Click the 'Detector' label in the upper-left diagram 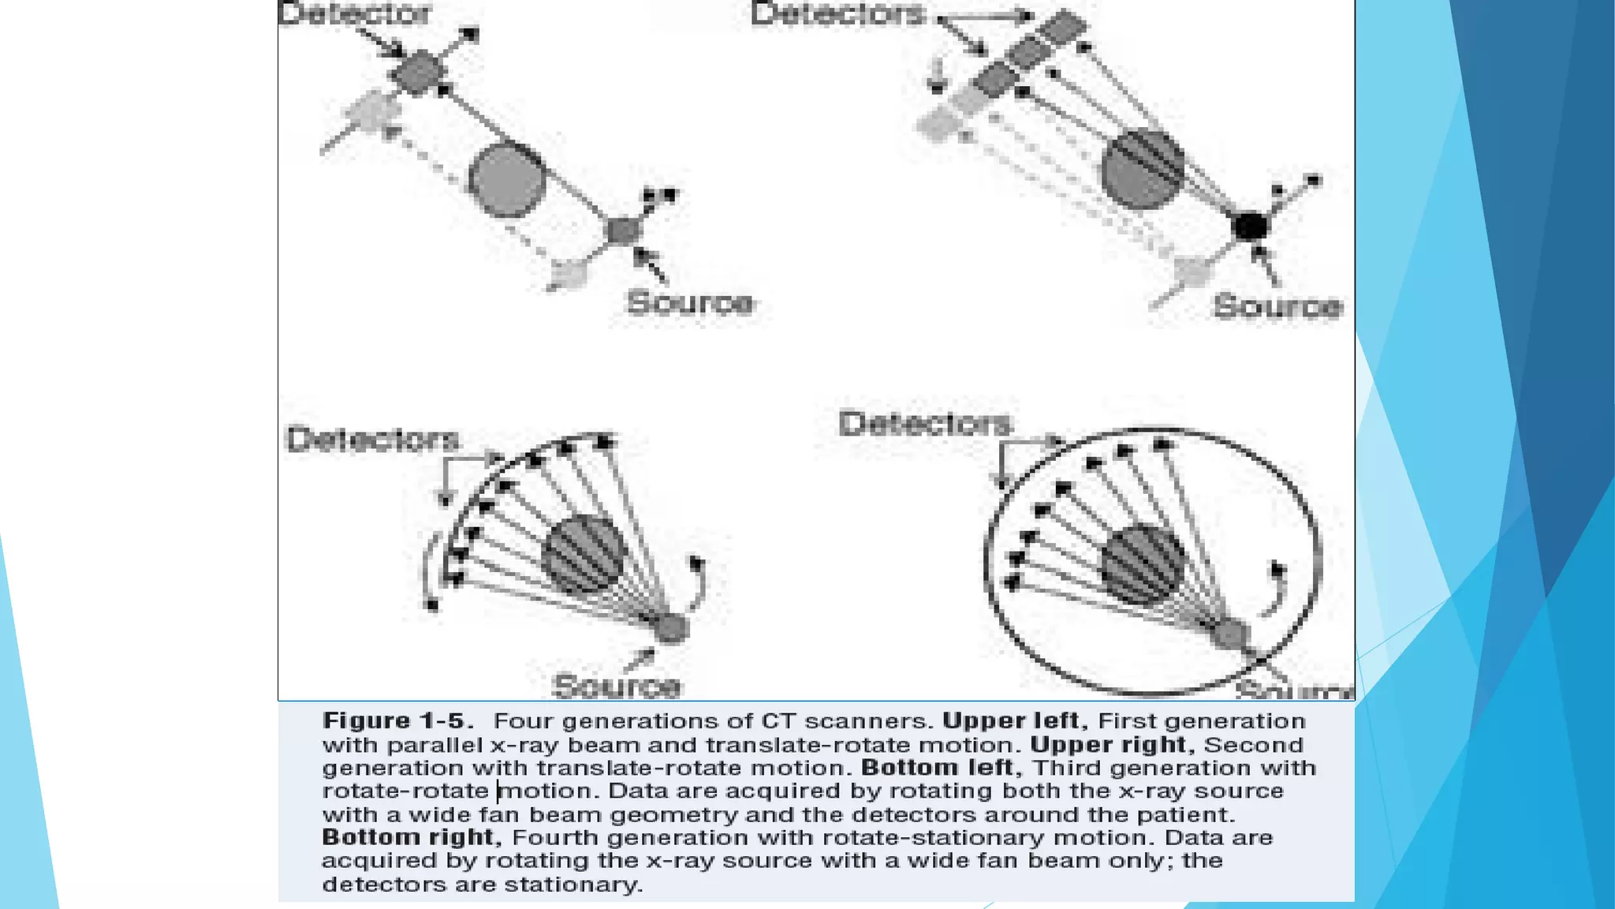tap(355, 13)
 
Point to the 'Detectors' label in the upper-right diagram tap(837, 14)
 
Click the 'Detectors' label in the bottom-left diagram tap(372, 440)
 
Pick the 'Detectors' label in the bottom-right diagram tap(925, 424)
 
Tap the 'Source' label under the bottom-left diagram tap(617, 686)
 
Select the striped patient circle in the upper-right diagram tap(1142, 169)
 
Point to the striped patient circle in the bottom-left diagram tap(584, 554)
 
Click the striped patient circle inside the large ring tap(1143, 564)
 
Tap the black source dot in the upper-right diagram tap(1250, 226)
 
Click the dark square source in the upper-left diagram tap(625, 231)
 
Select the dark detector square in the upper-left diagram tap(416, 73)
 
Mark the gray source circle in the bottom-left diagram tap(671, 628)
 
